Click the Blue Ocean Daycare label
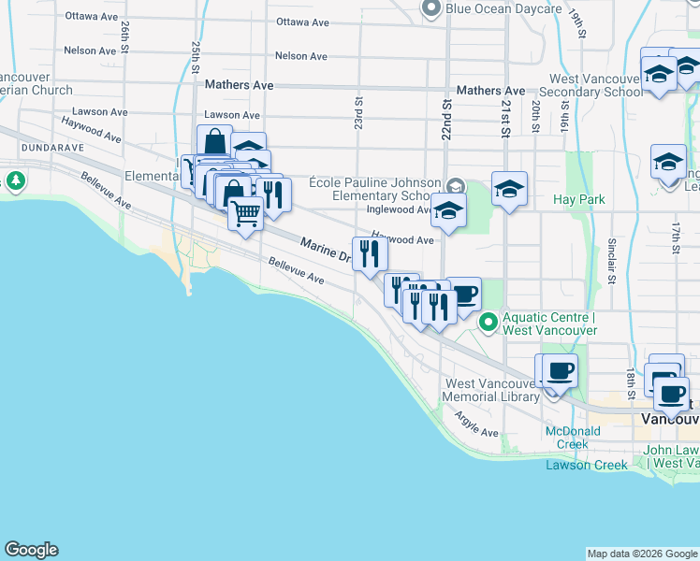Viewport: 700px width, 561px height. tap(503, 9)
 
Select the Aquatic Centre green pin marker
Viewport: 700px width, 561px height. tap(488, 323)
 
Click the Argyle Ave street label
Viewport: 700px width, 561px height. tap(476, 426)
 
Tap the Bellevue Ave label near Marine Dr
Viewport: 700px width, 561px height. tap(296, 272)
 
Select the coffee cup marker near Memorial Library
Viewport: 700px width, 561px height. tap(560, 370)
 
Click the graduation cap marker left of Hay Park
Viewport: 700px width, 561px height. tap(510, 190)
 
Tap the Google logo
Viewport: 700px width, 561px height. tap(31, 551)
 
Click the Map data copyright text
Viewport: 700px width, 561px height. tap(642, 554)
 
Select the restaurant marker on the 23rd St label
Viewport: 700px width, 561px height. tap(369, 252)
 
